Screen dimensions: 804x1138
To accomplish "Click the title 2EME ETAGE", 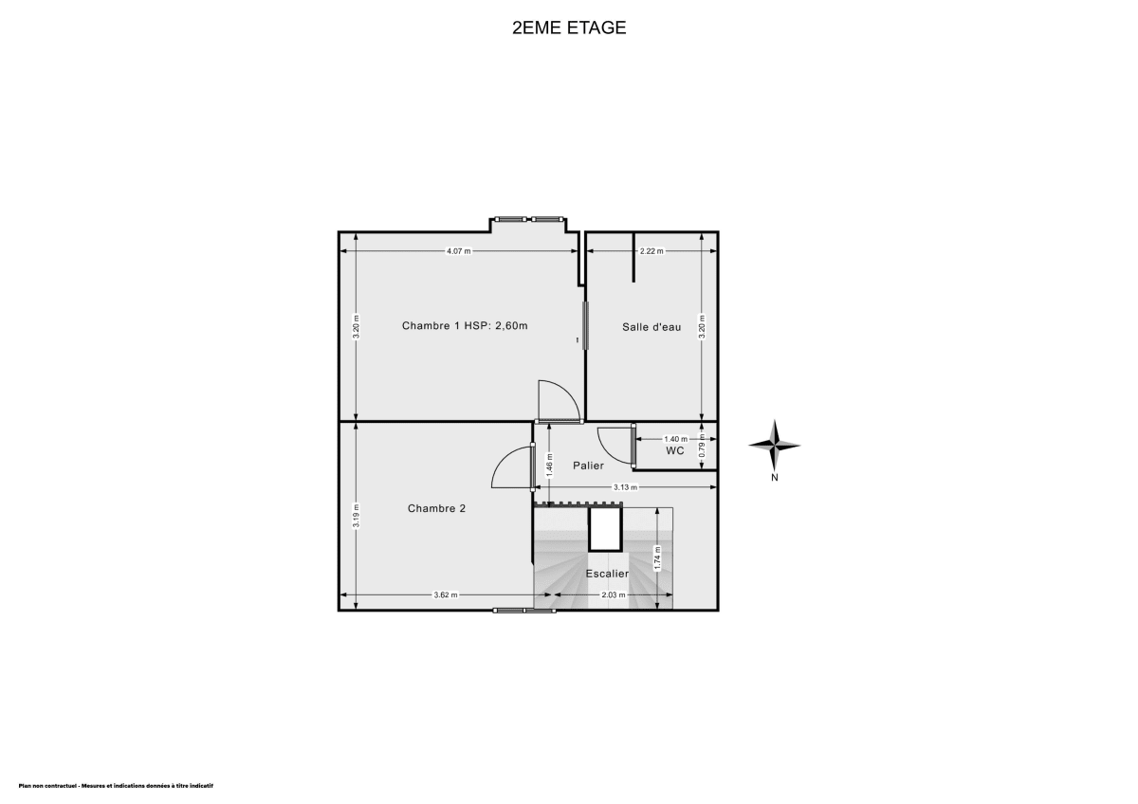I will click(569, 27).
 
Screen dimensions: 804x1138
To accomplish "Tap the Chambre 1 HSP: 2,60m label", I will click(465, 325).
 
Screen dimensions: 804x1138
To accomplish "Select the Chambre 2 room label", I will click(436, 508).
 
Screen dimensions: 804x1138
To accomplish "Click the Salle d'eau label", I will click(652, 327).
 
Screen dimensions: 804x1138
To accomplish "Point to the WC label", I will click(675, 451).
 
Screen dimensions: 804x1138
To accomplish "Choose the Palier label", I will click(588, 466).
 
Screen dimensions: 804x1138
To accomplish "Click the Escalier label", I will click(607, 574).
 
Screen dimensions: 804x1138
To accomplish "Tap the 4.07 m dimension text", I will click(459, 251).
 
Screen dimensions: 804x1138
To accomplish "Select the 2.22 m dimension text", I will click(652, 251).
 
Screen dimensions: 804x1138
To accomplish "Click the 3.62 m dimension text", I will click(446, 595).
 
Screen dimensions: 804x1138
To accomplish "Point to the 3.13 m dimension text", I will click(625, 487).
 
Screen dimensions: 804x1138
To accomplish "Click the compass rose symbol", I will click(775, 445).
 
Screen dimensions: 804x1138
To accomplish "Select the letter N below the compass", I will click(775, 478).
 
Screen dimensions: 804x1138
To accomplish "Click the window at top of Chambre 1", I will click(529, 219).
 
